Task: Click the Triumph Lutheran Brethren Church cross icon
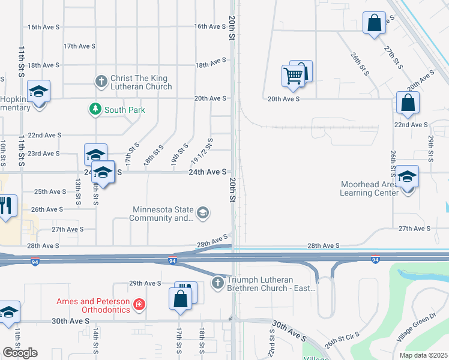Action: coord(218,282)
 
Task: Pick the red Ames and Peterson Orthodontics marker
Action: coord(140,305)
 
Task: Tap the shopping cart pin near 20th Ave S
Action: coord(293,76)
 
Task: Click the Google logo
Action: coord(20,353)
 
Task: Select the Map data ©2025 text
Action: coord(423,355)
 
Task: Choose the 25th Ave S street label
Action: coord(49,192)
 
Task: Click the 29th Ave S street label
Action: coord(145,283)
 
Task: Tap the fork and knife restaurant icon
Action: coord(7,206)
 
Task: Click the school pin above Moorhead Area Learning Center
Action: coord(408,177)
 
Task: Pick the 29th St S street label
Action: coord(430,148)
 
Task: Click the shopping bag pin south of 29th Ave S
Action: coord(181,299)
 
